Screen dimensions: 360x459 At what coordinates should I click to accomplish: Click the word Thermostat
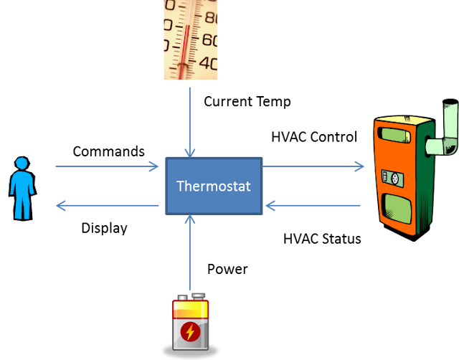click(214, 186)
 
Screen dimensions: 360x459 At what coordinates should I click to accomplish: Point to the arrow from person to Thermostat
click(108, 167)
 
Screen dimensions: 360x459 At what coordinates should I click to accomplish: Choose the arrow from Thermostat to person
click(108, 207)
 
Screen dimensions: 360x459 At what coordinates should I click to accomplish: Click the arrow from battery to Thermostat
click(190, 251)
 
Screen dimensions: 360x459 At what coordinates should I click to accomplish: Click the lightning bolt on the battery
click(189, 331)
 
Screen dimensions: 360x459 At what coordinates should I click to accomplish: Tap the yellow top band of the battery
click(190, 309)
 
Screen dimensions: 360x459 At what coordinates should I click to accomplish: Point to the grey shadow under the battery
click(190, 353)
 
